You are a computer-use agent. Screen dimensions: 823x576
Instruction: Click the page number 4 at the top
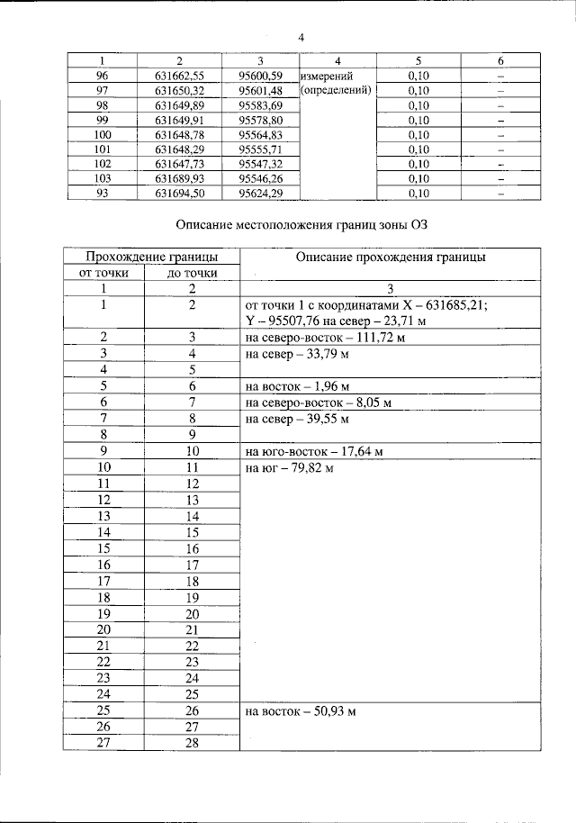click(x=302, y=37)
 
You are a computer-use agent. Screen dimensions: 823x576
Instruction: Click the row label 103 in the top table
click(x=102, y=178)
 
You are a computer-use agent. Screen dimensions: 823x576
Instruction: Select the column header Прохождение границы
click(x=148, y=257)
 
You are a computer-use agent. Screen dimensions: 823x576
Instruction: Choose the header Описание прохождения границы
click(x=389, y=257)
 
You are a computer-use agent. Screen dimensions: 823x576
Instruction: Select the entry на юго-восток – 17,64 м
click(x=306, y=450)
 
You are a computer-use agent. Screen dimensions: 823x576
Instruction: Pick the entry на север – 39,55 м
click(x=296, y=419)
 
